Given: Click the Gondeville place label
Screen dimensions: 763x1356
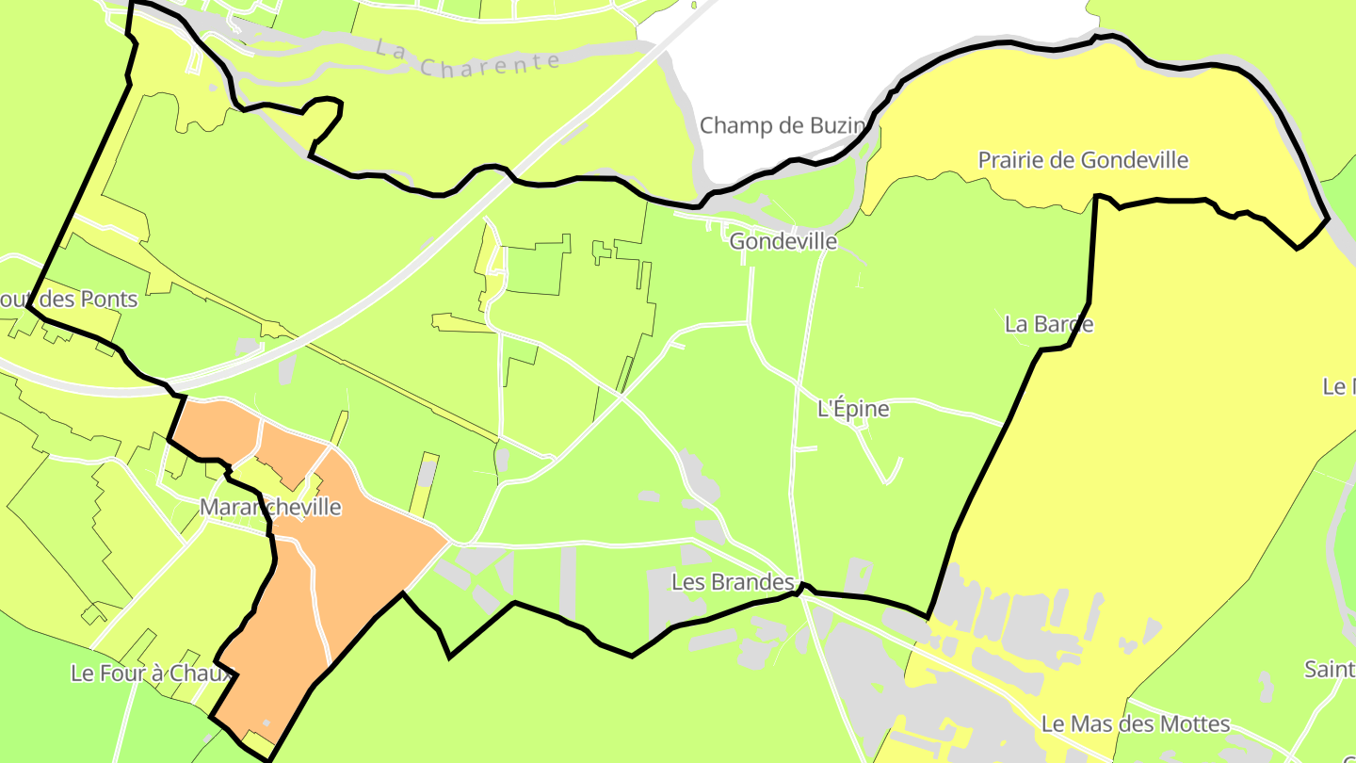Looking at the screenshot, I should click(x=783, y=241).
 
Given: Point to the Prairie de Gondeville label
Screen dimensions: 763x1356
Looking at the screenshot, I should click(x=1083, y=160).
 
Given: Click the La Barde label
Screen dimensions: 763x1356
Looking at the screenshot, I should click(x=1049, y=324).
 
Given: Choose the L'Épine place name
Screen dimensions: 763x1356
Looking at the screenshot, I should click(x=853, y=409).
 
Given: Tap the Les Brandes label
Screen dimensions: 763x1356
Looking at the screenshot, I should click(x=734, y=582).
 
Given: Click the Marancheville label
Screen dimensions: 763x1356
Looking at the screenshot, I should click(x=270, y=508).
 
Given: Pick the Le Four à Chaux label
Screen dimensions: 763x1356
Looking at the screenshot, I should click(x=151, y=674).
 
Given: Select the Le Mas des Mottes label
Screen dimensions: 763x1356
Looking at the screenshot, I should click(x=1136, y=724).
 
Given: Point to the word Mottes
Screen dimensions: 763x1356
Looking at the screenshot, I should click(x=1195, y=724).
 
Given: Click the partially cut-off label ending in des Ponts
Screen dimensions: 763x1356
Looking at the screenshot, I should click(x=71, y=300).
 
